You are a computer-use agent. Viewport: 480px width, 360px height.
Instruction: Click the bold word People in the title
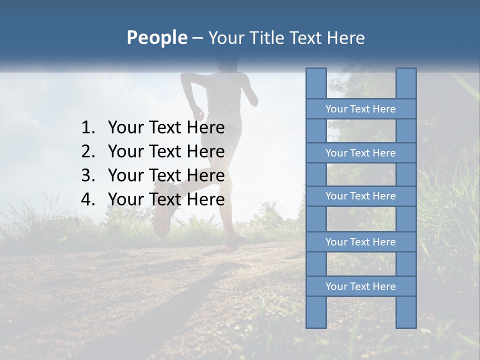tap(156, 37)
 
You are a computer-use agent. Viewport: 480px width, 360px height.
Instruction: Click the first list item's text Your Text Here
tap(166, 128)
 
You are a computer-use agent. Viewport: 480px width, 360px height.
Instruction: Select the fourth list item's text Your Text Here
tap(166, 199)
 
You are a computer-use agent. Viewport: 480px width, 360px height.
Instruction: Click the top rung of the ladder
tap(360, 109)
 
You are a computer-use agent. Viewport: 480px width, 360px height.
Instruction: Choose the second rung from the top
tap(360, 153)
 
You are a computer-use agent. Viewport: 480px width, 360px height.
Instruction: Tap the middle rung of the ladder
tap(360, 196)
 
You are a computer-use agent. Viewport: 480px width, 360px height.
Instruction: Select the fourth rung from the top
tap(360, 242)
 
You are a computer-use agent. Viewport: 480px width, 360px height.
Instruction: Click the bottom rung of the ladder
tap(360, 286)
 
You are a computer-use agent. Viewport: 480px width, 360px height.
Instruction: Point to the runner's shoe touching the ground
tap(234, 244)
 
